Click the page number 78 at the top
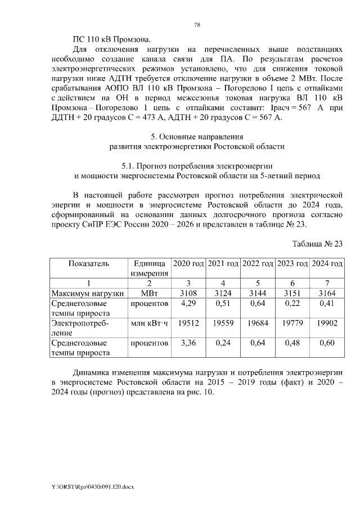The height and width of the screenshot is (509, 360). click(x=197, y=25)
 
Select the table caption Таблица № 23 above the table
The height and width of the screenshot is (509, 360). click(x=317, y=244)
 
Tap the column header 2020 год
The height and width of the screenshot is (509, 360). click(x=188, y=264)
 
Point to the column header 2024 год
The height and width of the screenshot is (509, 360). click(x=327, y=264)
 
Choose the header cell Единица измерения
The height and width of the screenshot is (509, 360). click(x=149, y=268)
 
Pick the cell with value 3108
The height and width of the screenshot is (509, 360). click(x=188, y=293)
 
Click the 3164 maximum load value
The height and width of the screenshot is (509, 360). click(x=327, y=293)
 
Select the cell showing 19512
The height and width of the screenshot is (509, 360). click(x=188, y=323)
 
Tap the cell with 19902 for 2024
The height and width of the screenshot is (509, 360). click(x=327, y=323)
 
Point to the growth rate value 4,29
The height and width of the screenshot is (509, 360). click(x=188, y=304)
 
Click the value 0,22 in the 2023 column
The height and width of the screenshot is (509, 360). click(x=292, y=304)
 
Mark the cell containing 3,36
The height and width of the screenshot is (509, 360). click(x=188, y=343)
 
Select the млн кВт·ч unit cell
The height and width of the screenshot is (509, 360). click(x=149, y=323)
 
